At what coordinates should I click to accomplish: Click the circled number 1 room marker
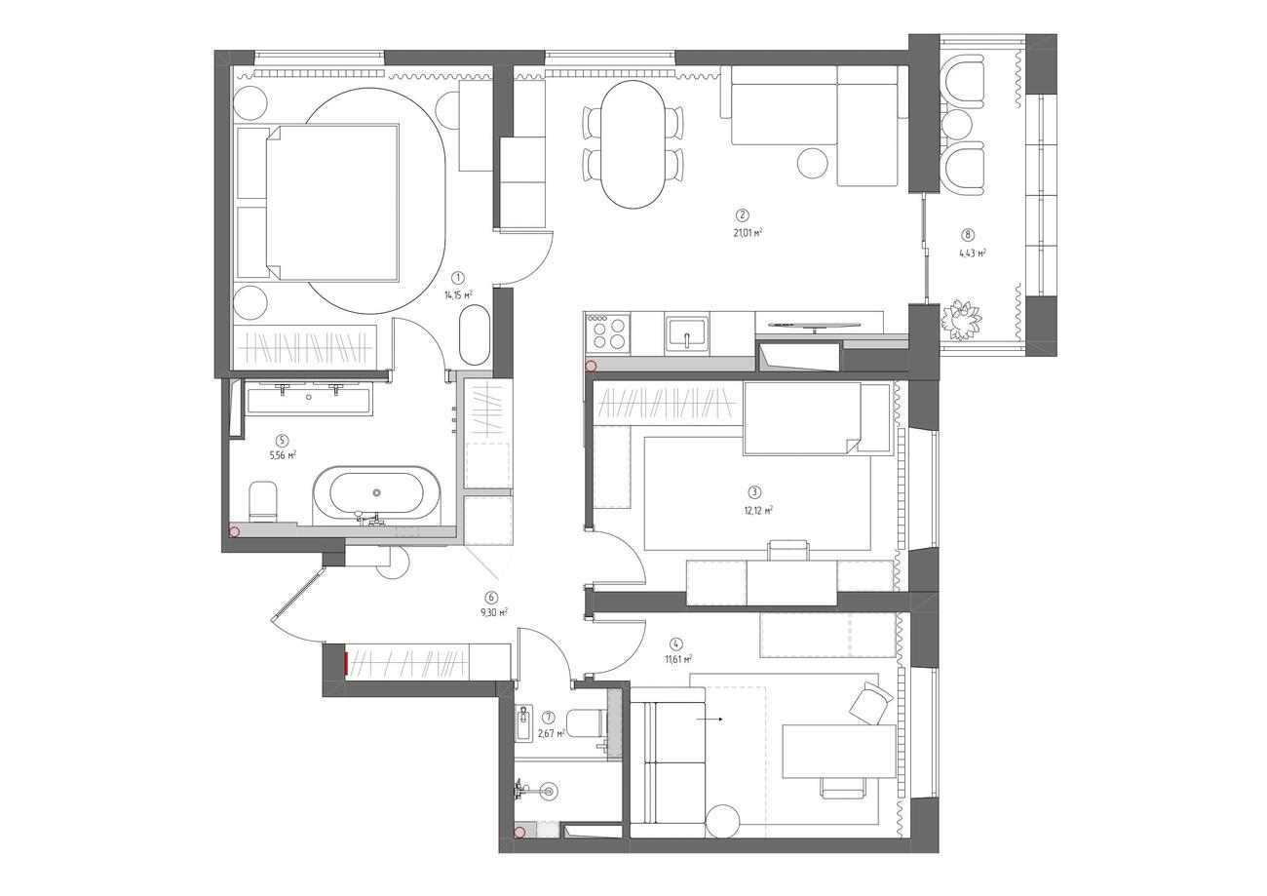pos(458,277)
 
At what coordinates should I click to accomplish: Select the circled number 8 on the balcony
pos(969,234)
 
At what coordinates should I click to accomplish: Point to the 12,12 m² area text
pos(758,511)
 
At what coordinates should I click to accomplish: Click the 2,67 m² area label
pos(552,733)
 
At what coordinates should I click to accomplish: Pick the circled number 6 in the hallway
pos(491,597)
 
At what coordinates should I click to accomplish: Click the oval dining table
pos(633,143)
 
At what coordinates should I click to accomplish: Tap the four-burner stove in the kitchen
pos(608,334)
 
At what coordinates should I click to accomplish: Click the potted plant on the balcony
pos(961,319)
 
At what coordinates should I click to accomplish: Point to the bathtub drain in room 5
pos(377,492)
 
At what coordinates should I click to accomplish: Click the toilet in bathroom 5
pos(262,501)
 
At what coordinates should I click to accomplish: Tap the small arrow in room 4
pos(710,719)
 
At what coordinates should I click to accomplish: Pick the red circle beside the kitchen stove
pos(591,366)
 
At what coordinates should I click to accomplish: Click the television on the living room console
pos(815,326)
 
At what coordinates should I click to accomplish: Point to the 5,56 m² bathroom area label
pos(284,454)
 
